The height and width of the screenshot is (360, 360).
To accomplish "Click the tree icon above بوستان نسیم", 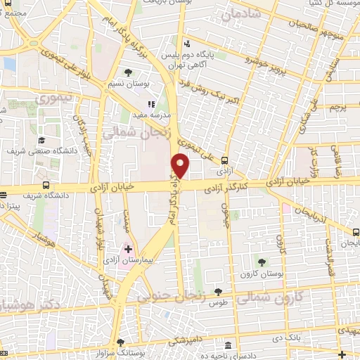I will pyautogui.click(x=128, y=72).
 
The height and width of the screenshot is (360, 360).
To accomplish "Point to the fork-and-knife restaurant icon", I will pyautogui.click(x=151, y=104).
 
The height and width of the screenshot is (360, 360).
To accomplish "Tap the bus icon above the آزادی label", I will pyautogui.click(x=224, y=160).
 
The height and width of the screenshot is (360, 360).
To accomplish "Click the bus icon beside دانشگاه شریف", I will pyautogui.click(x=46, y=186).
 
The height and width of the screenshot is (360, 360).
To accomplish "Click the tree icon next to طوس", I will pyautogui.click(x=218, y=291).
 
